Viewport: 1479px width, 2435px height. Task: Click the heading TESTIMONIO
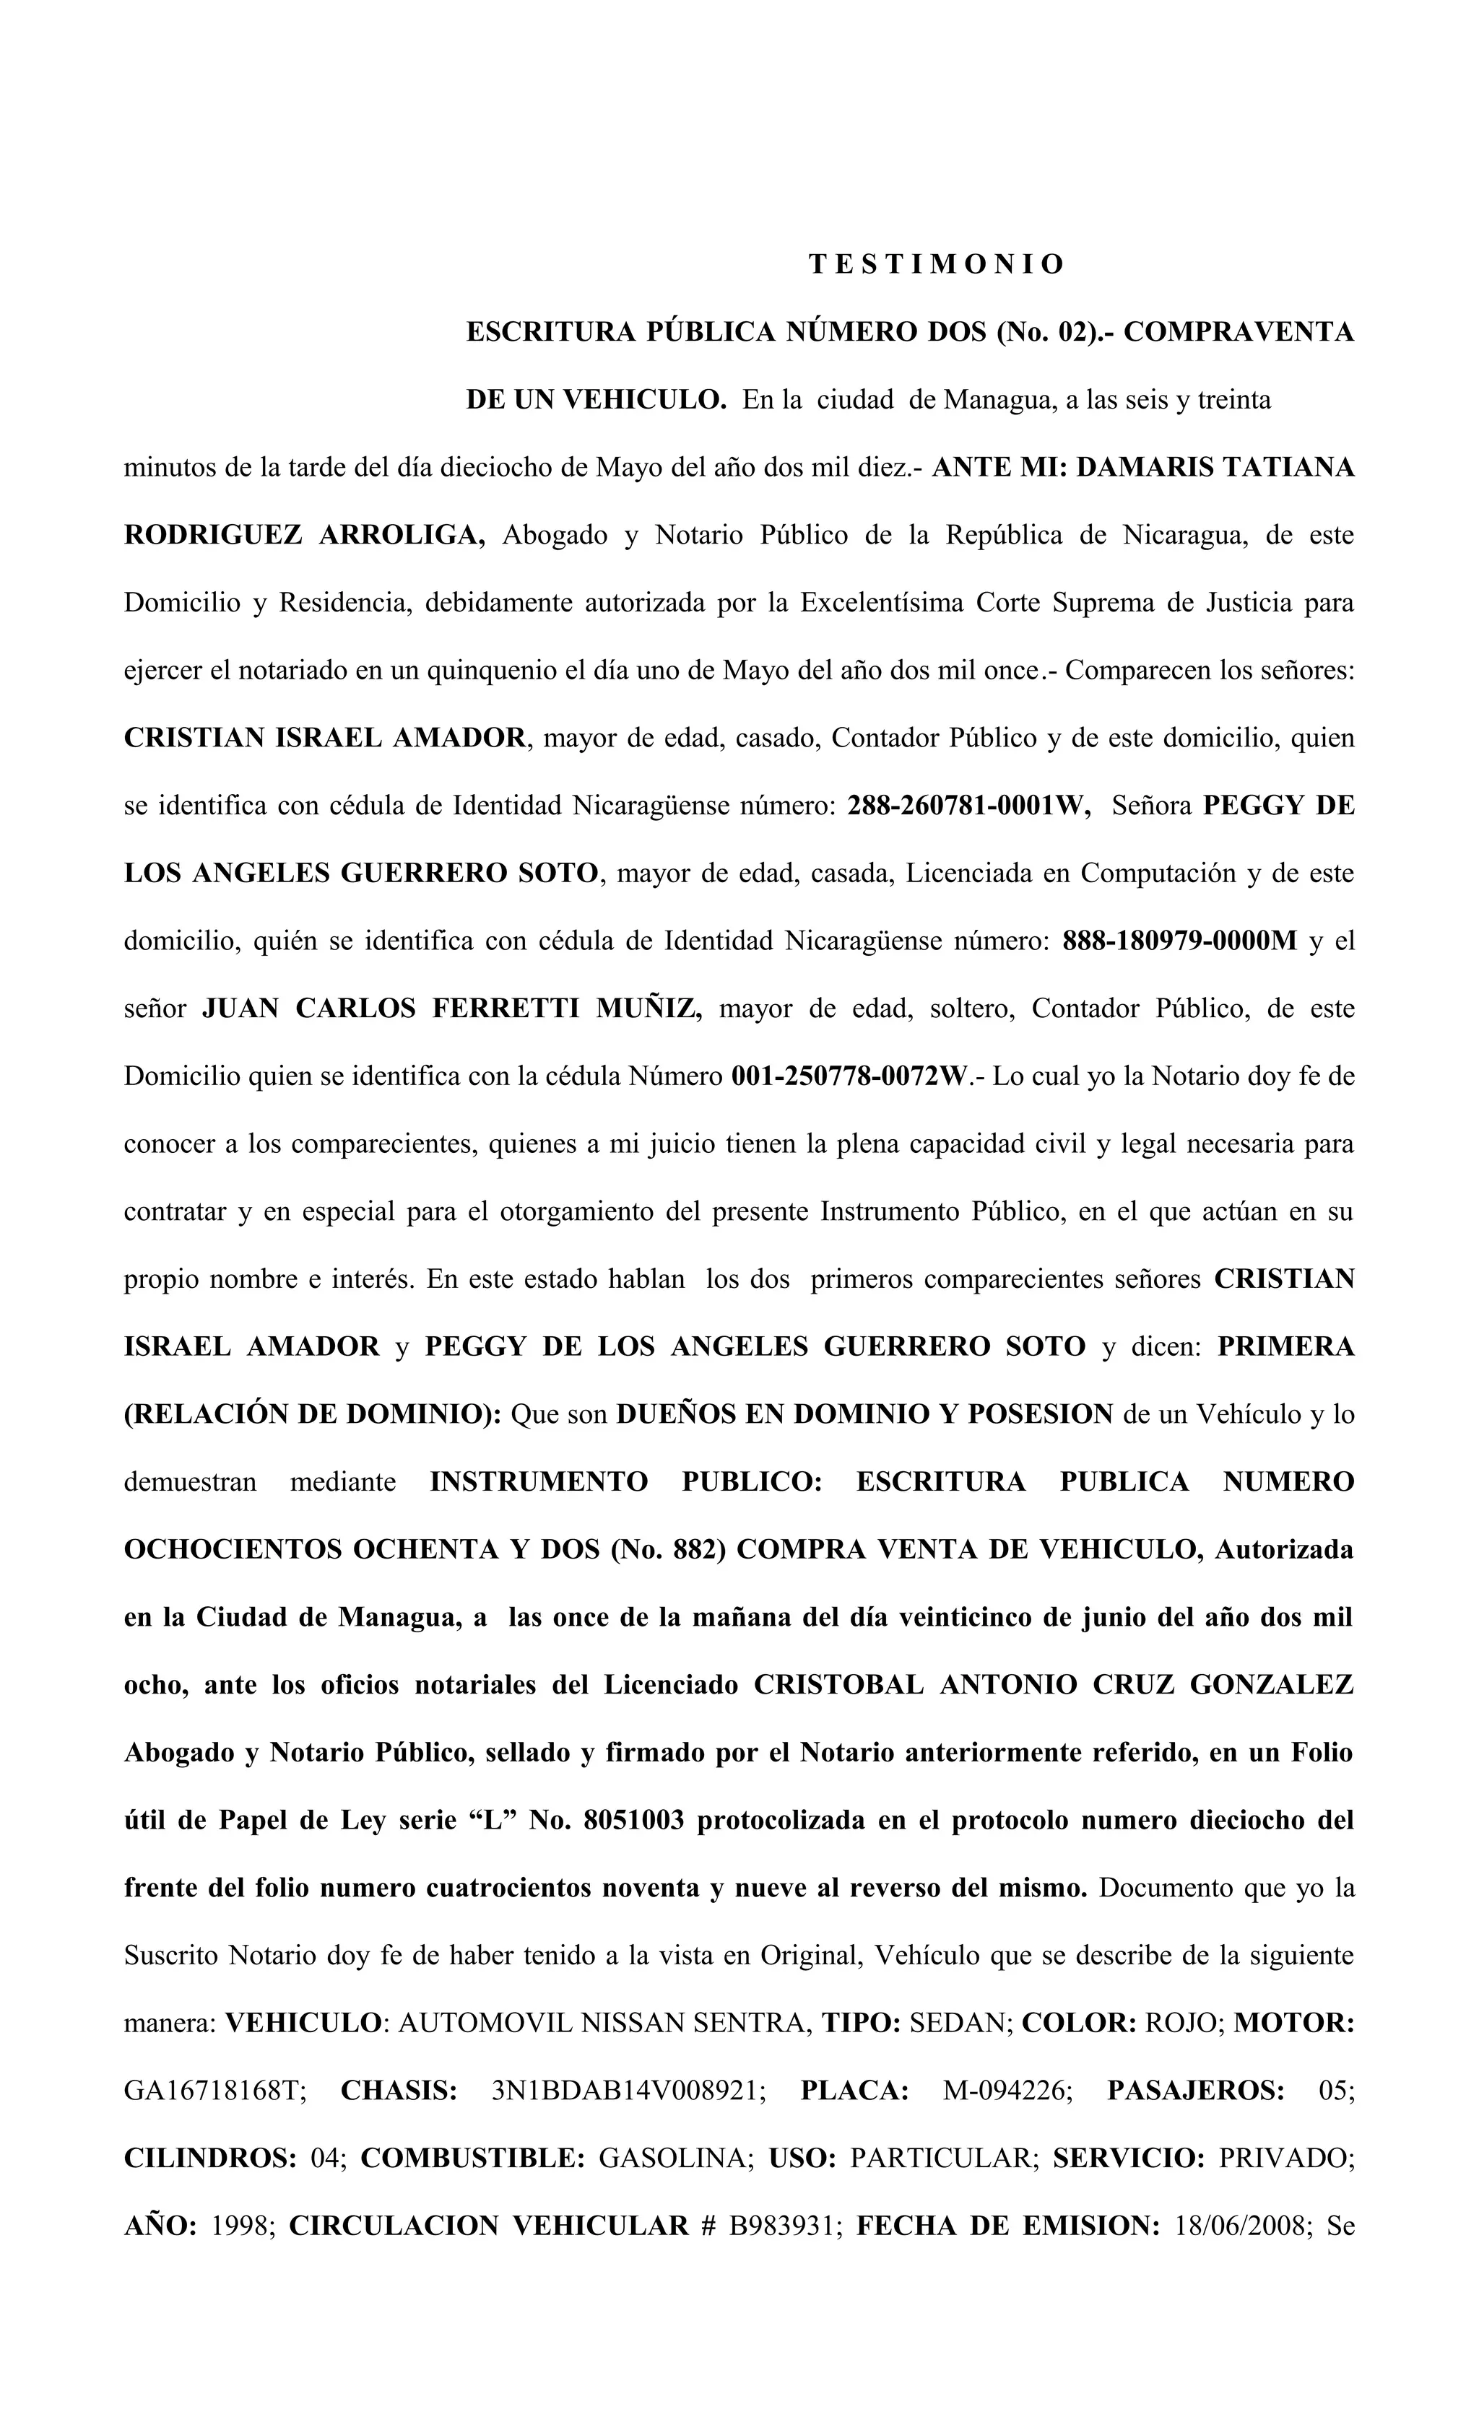point(935,265)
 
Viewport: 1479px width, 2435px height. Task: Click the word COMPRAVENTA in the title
point(1238,332)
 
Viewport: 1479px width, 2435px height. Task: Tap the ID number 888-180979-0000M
point(1179,941)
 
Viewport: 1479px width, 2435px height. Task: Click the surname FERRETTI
point(504,1009)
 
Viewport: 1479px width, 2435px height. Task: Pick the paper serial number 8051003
point(634,1821)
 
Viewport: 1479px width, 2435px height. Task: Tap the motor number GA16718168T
point(215,2091)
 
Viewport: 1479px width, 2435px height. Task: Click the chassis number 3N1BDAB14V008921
point(628,2091)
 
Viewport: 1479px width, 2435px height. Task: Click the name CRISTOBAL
point(838,1685)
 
